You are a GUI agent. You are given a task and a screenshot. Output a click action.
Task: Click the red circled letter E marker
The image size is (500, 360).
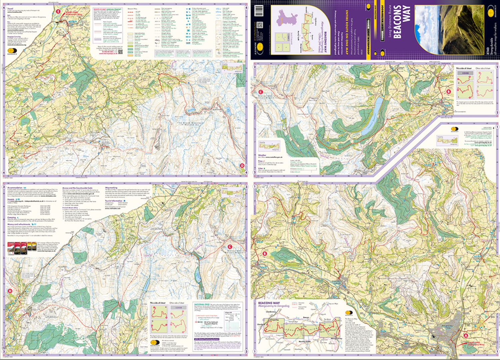59,12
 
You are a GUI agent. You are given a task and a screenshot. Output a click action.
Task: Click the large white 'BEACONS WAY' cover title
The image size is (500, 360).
401,22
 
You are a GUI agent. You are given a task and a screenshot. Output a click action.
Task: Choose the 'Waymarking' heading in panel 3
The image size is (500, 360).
111,188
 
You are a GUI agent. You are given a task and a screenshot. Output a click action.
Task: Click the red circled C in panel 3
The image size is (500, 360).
230,247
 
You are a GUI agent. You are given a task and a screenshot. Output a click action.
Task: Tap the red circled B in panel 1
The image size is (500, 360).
265,254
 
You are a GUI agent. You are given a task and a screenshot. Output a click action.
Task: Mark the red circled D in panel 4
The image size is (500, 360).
242,165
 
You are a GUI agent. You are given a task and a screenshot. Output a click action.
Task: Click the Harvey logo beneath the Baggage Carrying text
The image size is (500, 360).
11,52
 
